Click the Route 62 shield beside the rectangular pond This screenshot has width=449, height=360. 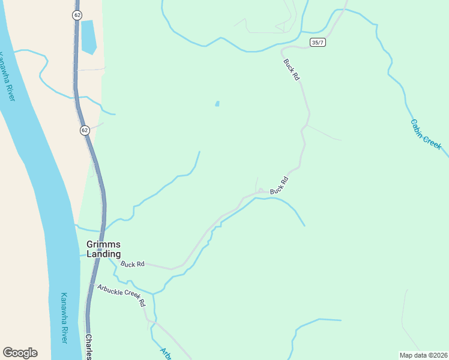pos(77,15)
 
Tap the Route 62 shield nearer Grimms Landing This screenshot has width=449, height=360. pos(85,130)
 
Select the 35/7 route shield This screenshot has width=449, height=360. pos(318,42)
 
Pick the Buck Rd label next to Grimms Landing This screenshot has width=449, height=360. pos(133,264)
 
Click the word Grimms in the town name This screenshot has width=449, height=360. pos(103,244)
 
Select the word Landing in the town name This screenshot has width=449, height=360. pos(103,254)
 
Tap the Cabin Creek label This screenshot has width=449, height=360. pos(426,134)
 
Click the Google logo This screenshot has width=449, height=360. pos(20,353)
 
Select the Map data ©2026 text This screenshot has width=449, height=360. pos(423,355)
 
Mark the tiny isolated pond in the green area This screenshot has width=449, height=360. pos(217,104)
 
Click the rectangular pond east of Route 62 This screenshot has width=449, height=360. pos(88,36)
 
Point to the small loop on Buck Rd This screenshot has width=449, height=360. pos(261,191)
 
